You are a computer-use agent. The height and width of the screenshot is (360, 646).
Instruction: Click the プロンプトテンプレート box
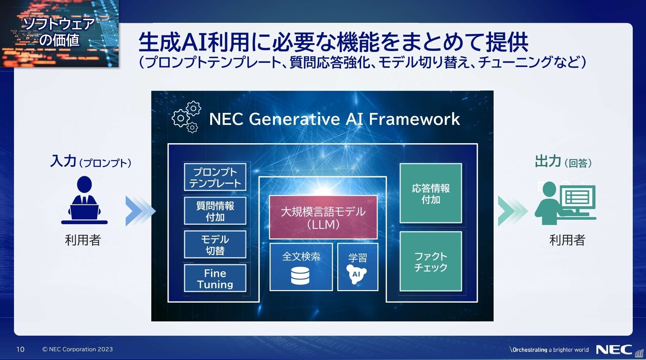[x=215, y=177]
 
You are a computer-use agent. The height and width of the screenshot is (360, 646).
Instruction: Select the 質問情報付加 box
[x=215, y=211]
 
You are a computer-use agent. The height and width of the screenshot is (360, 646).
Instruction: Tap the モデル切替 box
[x=215, y=244]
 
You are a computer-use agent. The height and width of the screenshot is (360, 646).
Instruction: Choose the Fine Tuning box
[x=215, y=278]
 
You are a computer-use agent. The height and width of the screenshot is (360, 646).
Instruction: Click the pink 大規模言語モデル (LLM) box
[x=323, y=217]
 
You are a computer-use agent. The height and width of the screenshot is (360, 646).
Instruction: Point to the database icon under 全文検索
[x=300, y=276]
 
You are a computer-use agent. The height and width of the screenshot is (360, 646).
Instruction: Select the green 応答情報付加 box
[x=431, y=193]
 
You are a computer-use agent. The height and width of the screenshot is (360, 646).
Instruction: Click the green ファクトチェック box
[x=431, y=261]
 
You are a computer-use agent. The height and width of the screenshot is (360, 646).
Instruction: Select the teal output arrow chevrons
[x=513, y=211]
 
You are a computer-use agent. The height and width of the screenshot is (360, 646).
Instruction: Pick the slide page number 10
[x=20, y=349]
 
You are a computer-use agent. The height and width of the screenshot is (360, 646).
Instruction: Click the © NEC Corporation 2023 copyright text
[x=78, y=349]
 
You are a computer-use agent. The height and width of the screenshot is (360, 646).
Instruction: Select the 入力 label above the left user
[x=63, y=161]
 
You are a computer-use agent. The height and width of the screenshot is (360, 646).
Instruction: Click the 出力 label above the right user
[x=548, y=161]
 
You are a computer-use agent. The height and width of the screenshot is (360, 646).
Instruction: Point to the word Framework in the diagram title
[x=414, y=119]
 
